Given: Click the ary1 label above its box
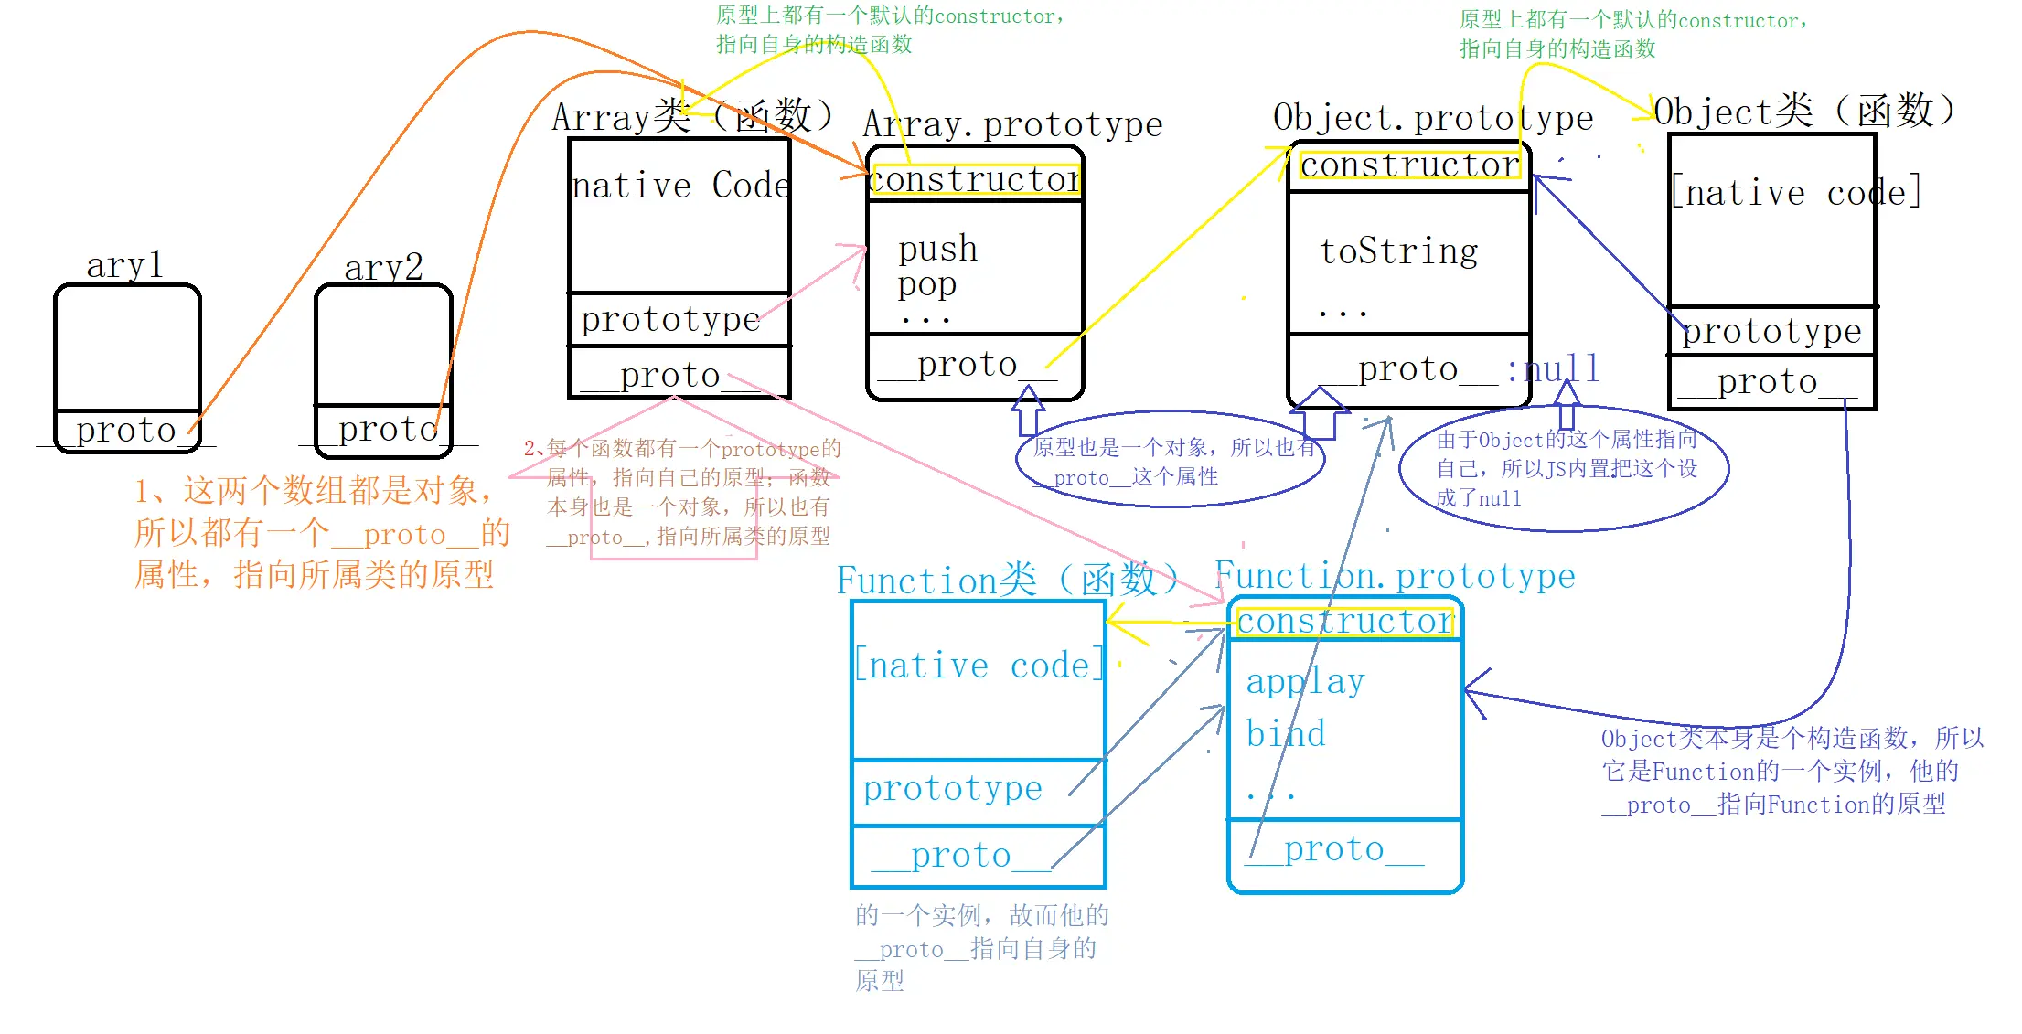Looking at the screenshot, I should tap(124, 265).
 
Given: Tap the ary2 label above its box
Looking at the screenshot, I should tap(383, 268).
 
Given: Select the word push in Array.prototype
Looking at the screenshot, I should tap(937, 249).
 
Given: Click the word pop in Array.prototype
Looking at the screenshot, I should tap(926, 285).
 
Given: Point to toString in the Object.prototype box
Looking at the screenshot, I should tap(1398, 251).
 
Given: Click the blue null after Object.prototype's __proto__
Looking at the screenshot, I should tap(1562, 369).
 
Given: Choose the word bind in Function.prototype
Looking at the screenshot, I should tap(1285, 734).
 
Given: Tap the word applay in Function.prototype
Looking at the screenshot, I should tap(1305, 682).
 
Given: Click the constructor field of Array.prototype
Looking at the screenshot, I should tap(975, 180).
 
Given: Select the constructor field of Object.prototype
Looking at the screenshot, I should tap(1409, 165).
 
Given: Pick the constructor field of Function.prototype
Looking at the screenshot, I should tap(1344, 622).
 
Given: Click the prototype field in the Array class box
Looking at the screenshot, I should tap(670, 320).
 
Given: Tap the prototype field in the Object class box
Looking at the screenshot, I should tap(1771, 331).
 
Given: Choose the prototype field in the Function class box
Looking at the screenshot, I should tap(952, 788).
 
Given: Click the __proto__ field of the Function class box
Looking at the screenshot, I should tap(961, 856).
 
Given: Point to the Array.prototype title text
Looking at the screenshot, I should tap(1012, 124).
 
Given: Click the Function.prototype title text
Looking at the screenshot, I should tap(1395, 576).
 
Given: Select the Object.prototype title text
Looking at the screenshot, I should tap(1433, 118).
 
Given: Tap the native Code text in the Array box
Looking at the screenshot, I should tap(679, 186).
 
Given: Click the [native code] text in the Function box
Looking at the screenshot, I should tap(979, 666).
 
